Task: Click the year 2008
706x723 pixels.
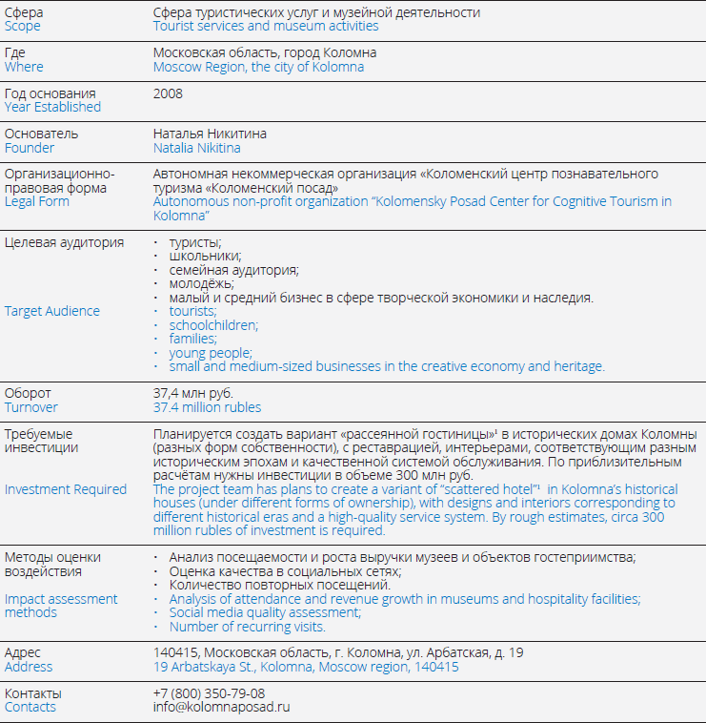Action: click(x=168, y=93)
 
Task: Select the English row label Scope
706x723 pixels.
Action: click(x=23, y=26)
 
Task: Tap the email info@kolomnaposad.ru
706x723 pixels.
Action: click(x=221, y=707)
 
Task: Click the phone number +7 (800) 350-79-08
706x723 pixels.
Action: click(x=209, y=693)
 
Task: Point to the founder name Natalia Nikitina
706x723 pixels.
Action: click(x=197, y=148)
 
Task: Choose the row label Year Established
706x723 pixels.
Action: click(x=52, y=107)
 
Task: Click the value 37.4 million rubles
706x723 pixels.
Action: click(x=207, y=407)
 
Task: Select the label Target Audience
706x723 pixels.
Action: click(x=52, y=311)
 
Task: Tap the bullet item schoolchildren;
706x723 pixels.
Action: click(x=213, y=324)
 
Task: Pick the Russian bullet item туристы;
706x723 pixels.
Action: click(x=194, y=243)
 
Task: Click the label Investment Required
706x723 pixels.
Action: click(x=66, y=489)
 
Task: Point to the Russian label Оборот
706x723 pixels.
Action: click(x=29, y=393)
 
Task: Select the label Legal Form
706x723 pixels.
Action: click(x=37, y=201)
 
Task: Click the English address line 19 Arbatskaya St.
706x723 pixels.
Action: click(x=306, y=667)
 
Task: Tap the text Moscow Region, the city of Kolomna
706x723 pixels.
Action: click(x=258, y=67)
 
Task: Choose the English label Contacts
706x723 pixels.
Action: click(x=30, y=707)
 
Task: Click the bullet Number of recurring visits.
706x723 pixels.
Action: click(x=247, y=627)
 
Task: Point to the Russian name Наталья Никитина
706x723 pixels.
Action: click(x=210, y=134)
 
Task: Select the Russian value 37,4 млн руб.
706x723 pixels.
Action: click(x=193, y=393)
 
